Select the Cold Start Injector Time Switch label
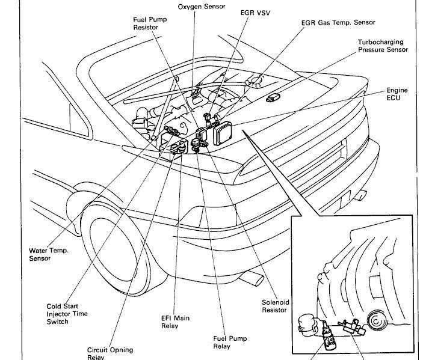[x=67, y=313]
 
